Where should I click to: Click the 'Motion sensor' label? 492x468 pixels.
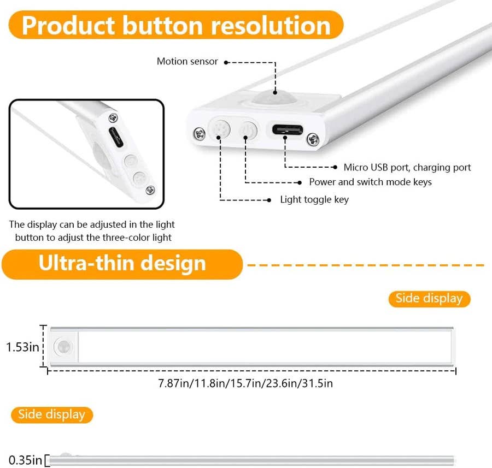point(187,62)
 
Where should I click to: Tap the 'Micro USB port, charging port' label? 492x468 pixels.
point(407,167)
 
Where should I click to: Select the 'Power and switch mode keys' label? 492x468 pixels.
point(370,182)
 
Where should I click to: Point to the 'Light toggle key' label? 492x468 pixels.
point(314,199)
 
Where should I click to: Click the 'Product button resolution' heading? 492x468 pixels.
point(175,25)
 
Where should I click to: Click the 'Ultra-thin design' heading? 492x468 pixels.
point(122,263)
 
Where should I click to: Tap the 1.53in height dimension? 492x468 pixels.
point(22,347)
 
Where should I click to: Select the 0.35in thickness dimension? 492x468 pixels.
point(22,460)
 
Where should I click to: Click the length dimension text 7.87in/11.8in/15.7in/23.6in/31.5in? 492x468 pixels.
point(245,383)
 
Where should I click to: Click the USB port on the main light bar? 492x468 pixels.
point(286,129)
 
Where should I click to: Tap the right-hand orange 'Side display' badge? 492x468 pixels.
point(429,298)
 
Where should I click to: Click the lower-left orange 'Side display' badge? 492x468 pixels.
point(52,414)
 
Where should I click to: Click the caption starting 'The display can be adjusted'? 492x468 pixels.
point(92,231)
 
